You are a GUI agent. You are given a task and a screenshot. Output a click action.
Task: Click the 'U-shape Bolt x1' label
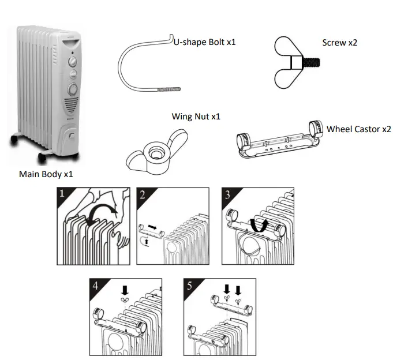[x=204, y=42]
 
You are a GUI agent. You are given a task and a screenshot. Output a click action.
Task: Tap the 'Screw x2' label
[x=339, y=43]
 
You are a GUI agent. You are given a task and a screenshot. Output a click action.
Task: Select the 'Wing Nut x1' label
[x=196, y=117]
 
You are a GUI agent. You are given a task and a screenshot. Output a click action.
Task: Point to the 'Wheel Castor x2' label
[x=358, y=129]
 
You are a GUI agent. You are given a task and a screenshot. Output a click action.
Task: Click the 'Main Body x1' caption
[x=46, y=174]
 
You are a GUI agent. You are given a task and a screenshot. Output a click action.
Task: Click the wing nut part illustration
[x=154, y=153]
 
